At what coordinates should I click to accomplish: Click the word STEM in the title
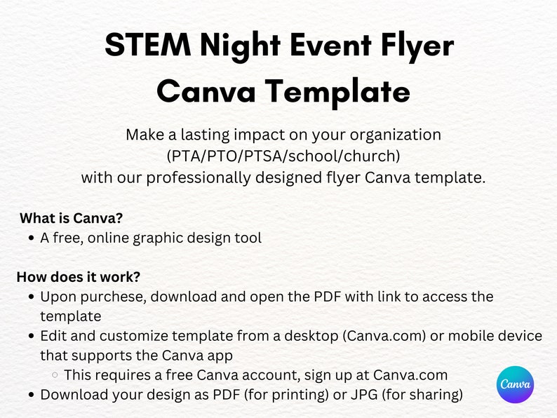[147, 46]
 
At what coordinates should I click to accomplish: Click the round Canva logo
[515, 384]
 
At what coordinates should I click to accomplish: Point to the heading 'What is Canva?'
[72, 217]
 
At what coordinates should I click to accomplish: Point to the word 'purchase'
[112, 297]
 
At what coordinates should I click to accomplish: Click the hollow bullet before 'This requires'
[55, 375]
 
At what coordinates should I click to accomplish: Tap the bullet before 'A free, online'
[32, 238]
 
